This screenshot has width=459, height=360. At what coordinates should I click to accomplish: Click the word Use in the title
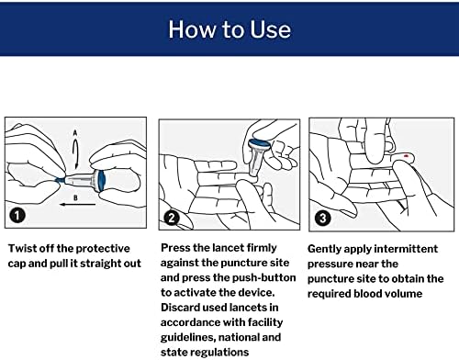click(271, 29)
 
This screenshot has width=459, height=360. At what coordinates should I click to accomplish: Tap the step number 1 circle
click(17, 215)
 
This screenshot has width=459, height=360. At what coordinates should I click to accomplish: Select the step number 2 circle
click(172, 218)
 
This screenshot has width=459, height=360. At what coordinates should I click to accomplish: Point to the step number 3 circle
click(322, 219)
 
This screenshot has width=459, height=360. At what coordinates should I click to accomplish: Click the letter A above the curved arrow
click(75, 133)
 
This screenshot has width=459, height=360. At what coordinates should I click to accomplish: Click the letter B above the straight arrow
click(75, 198)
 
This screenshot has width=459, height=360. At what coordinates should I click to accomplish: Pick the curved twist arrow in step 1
click(75, 153)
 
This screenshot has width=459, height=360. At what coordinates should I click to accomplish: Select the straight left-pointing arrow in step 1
click(77, 205)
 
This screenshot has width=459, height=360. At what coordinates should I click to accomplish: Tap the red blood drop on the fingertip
click(406, 156)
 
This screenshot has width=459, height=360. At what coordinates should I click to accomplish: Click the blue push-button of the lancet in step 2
click(260, 143)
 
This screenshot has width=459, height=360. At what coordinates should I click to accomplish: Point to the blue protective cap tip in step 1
click(61, 180)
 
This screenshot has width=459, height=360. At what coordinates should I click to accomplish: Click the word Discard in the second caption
click(180, 308)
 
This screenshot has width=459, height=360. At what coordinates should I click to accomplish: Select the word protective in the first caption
click(103, 248)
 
